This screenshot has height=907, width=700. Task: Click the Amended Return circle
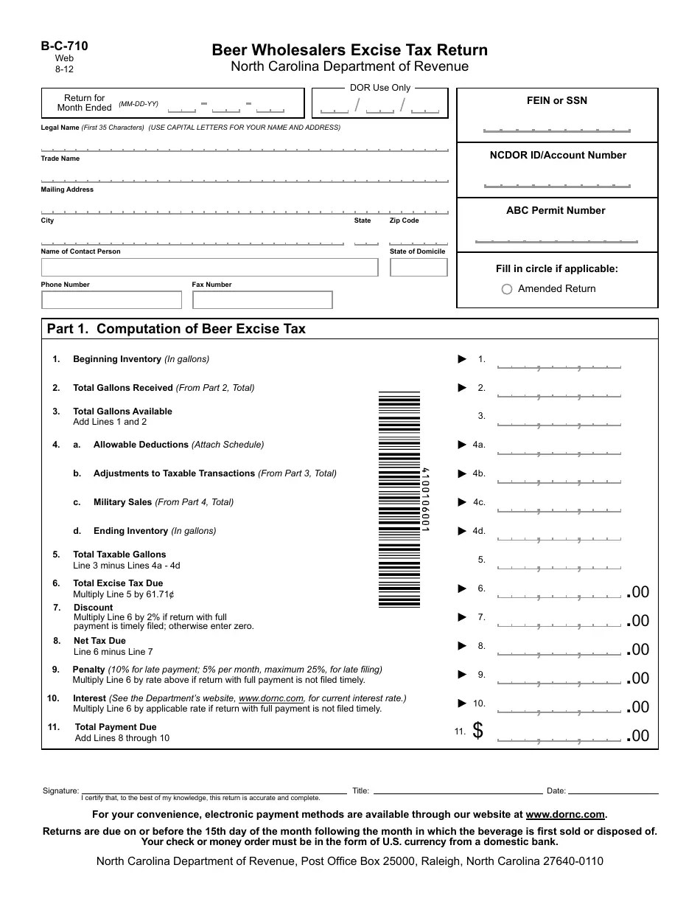click(x=507, y=289)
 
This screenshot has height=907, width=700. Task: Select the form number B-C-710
click(x=64, y=46)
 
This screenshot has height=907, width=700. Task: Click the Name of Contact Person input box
click(x=209, y=267)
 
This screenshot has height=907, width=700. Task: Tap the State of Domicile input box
click(x=418, y=267)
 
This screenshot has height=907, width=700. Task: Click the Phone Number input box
click(x=111, y=300)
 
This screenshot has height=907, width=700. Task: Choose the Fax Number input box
click(x=262, y=300)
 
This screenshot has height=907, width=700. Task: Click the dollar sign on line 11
click(x=477, y=731)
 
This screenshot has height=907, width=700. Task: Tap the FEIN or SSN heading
click(x=557, y=100)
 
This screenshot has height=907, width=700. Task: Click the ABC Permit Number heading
click(x=556, y=210)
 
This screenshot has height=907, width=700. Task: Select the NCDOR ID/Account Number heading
click(x=558, y=155)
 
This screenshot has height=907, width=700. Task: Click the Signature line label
click(x=60, y=790)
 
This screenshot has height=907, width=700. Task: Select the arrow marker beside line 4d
click(x=462, y=531)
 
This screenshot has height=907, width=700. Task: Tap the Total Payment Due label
click(x=116, y=727)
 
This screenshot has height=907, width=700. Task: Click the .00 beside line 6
click(x=637, y=592)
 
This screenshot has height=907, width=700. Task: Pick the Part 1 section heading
click(x=176, y=329)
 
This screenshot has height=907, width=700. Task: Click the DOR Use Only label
click(x=380, y=87)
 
